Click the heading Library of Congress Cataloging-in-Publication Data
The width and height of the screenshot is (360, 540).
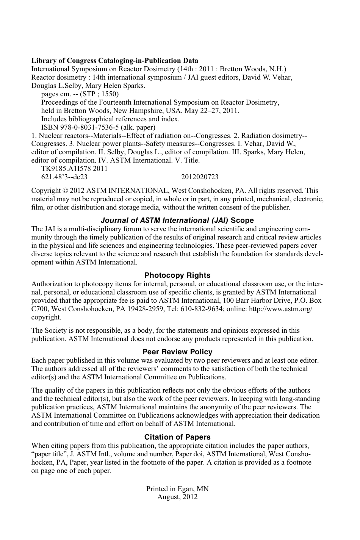tap(114, 61)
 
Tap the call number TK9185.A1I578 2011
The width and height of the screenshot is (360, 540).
tap(74, 169)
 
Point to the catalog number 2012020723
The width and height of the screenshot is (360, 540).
tap(200, 177)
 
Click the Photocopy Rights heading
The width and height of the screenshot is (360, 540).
tap(177, 275)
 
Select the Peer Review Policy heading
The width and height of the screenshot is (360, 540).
tap(177, 352)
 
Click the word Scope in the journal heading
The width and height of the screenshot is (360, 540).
tap(242, 221)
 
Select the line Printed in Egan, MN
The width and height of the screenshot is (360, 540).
tap(177, 489)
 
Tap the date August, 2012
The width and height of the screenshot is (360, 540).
tap(177, 497)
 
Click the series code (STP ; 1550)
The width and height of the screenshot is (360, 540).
tap(99, 94)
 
